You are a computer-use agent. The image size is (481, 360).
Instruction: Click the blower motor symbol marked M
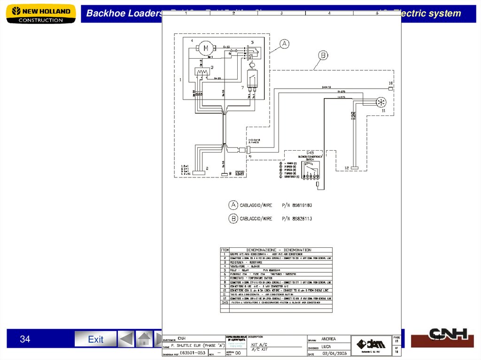(x=205, y=48)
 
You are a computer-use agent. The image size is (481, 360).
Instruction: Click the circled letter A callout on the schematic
(x=284, y=44)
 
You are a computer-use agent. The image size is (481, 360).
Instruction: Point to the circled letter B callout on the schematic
(x=323, y=56)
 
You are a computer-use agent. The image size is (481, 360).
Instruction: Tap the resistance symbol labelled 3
(x=202, y=73)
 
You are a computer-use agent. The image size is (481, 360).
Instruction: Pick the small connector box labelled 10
(x=390, y=88)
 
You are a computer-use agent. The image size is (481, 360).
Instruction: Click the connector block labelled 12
(x=355, y=168)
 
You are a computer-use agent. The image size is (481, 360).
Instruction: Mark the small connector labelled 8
(x=225, y=174)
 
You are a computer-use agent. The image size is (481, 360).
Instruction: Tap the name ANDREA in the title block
(x=328, y=339)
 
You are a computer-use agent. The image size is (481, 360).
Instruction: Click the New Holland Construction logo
(x=41, y=14)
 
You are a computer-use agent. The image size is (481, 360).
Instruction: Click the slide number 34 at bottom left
(x=25, y=339)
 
